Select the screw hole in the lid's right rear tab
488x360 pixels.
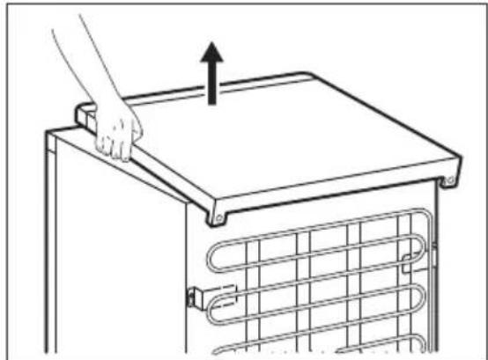[451, 182]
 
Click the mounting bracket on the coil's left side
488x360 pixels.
[196, 296]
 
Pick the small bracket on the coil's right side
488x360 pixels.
[409, 257]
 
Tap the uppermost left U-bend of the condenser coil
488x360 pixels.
[211, 261]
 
